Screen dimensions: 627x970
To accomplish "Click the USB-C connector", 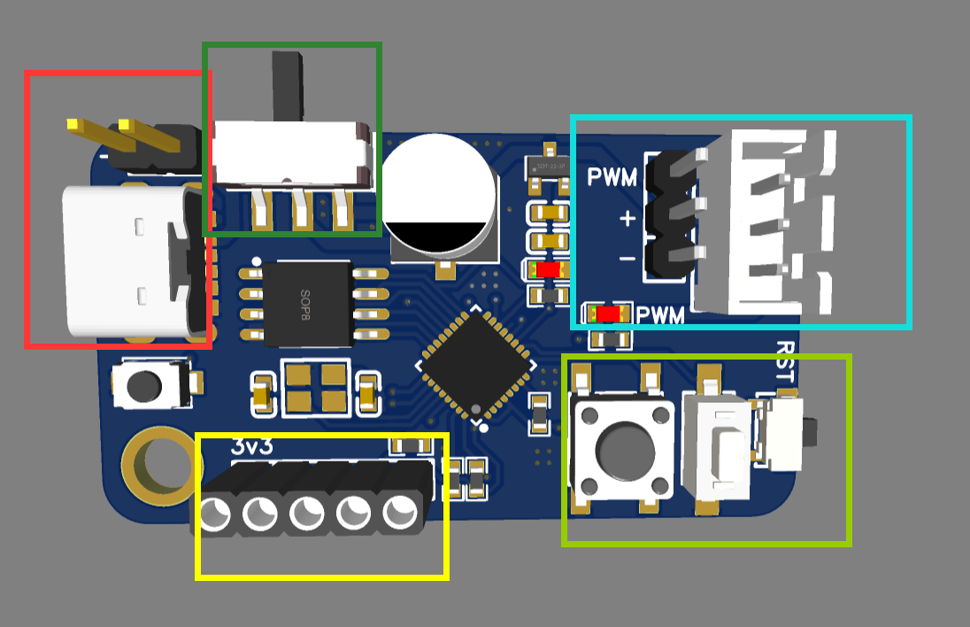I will [x=128, y=260].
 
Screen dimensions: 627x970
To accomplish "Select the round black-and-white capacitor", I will [x=440, y=192].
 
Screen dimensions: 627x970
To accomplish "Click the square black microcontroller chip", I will [x=476, y=363].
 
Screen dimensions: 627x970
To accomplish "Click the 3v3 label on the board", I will [x=251, y=446].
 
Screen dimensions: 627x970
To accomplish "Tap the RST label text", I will [x=787, y=360].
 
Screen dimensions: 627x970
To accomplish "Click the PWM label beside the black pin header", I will [x=612, y=176].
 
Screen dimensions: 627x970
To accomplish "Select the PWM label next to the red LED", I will [x=661, y=314].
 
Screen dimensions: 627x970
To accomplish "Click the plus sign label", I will [x=627, y=217].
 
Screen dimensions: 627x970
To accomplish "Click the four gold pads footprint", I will [x=319, y=387].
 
